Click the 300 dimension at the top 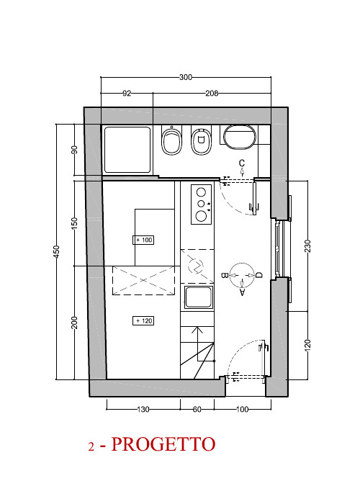[x=186, y=77]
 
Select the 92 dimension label [x=127, y=93]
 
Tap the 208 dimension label [x=212, y=93]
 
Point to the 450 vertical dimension [x=56, y=252]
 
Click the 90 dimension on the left [x=74, y=150]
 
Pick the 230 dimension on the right [x=307, y=246]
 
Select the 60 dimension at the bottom [x=197, y=409]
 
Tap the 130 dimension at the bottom [x=143, y=409]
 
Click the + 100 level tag [x=143, y=240]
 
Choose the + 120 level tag [x=143, y=321]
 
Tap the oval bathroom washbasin [x=240, y=138]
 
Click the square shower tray [x=127, y=150]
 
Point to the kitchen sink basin [x=198, y=297]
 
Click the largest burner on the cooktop [x=201, y=216]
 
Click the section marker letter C [x=242, y=163]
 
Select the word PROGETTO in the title [x=163, y=444]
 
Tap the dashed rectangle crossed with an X [x=143, y=280]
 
